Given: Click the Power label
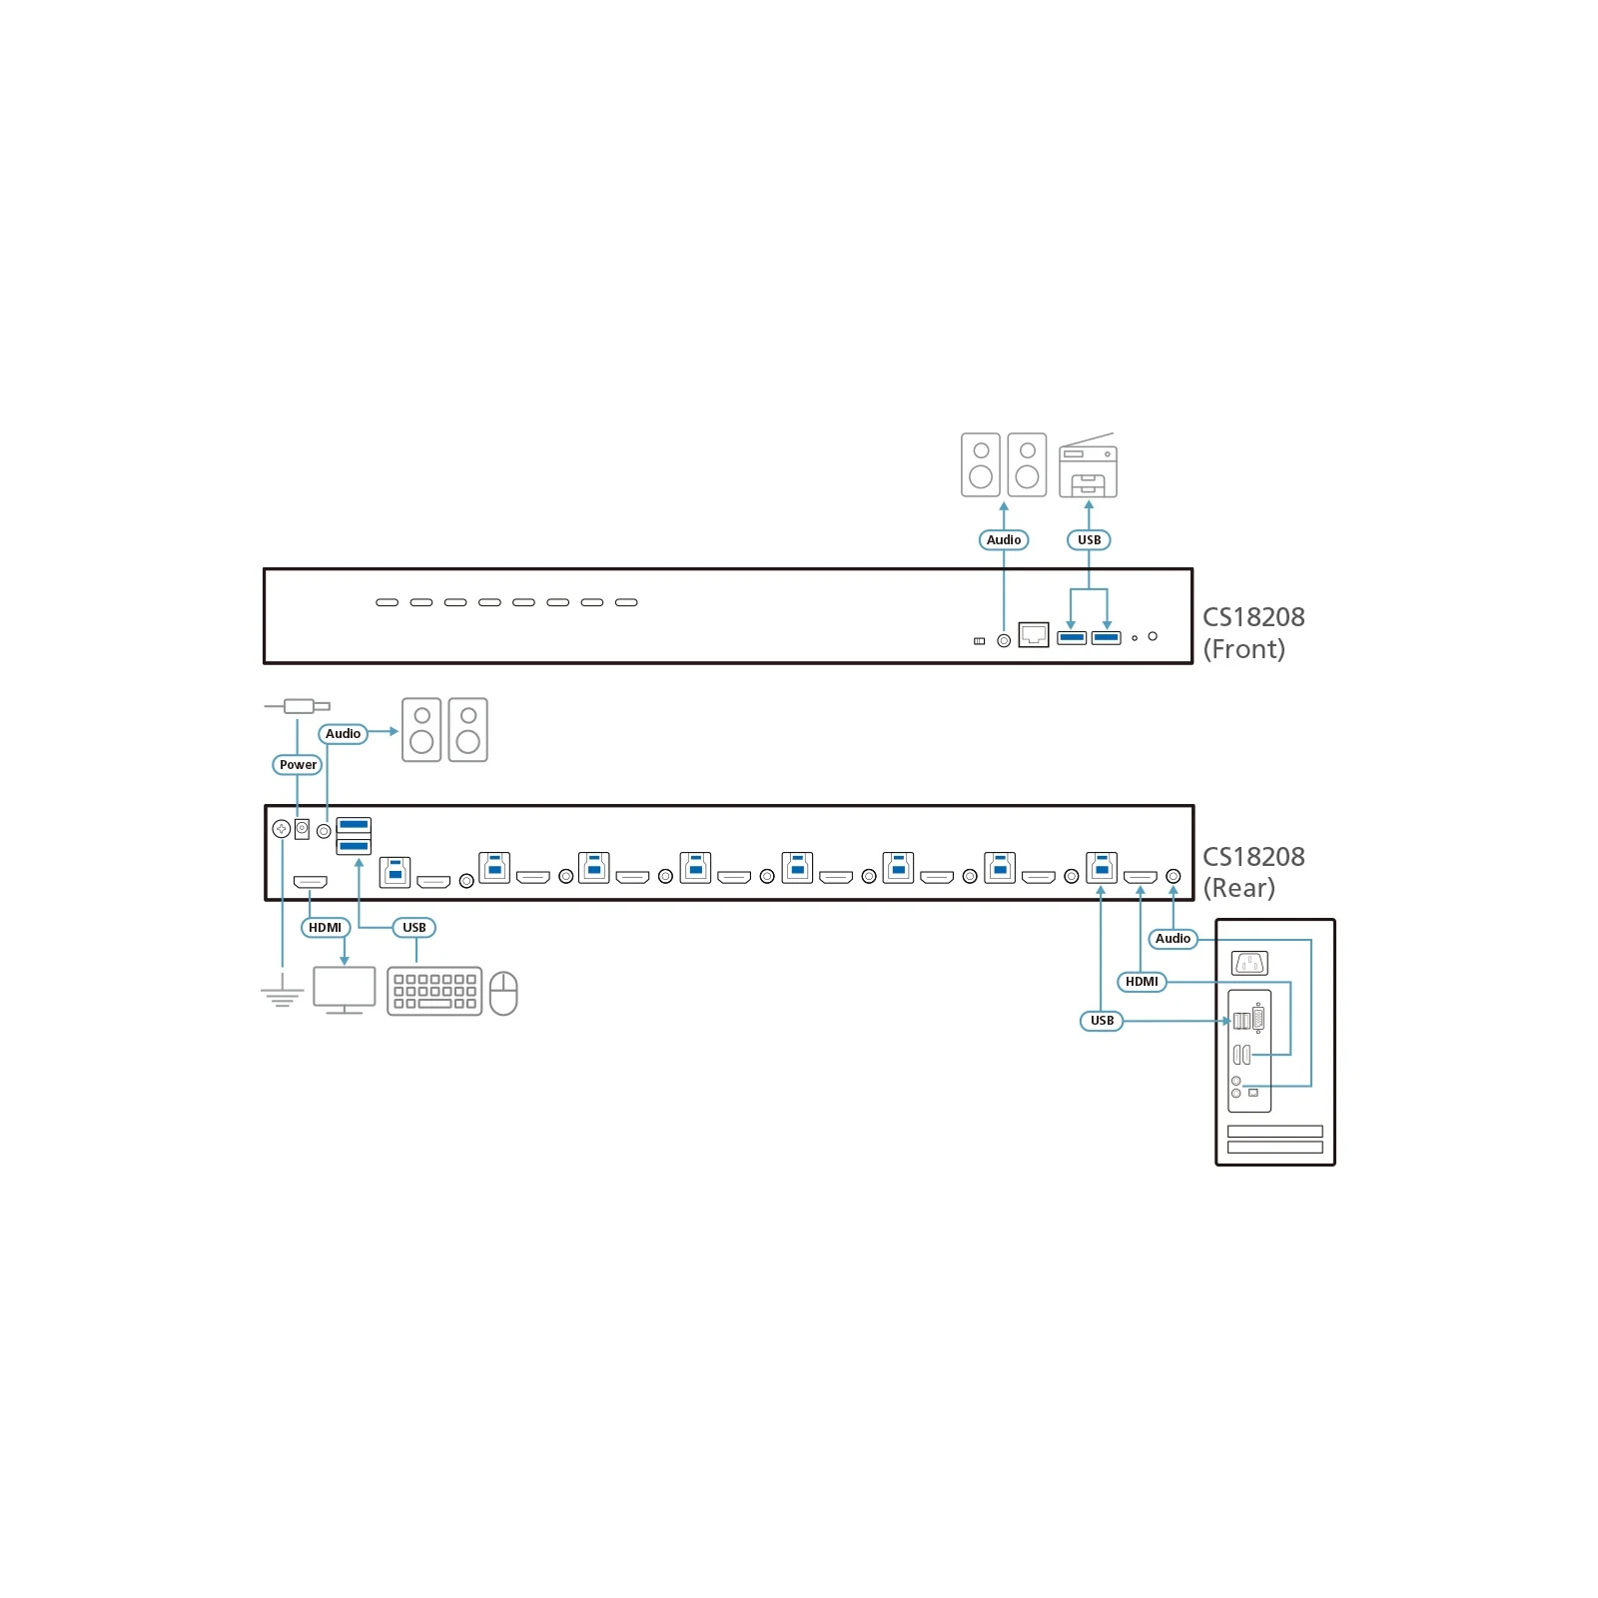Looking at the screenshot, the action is click(298, 765).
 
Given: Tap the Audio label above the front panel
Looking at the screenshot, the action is click(1004, 540).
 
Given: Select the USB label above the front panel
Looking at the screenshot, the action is click(1089, 540).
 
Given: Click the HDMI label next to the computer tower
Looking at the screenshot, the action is click(1142, 982).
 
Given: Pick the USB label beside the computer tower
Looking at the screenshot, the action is click(1102, 1021).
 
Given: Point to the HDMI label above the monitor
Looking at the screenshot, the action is click(326, 928).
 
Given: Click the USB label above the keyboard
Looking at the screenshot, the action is click(413, 928).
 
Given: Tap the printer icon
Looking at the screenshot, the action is click(1088, 465).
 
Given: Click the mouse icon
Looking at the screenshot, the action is click(503, 993).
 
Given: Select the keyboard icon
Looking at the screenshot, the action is click(434, 991).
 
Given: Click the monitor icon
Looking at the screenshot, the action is click(345, 990).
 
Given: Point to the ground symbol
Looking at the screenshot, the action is click(282, 995).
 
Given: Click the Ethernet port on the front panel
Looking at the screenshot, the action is click(1034, 634).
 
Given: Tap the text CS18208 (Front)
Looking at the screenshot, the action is click(1253, 633).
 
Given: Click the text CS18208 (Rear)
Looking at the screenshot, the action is click(1253, 872).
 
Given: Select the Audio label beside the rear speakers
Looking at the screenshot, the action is click(343, 734).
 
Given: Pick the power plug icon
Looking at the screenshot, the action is click(298, 706).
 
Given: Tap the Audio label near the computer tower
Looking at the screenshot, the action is click(1173, 939).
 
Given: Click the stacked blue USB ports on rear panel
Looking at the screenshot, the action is click(354, 836).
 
